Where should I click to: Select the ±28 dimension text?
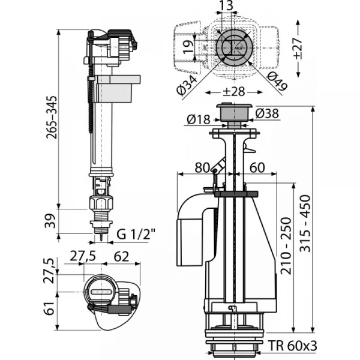[233, 92]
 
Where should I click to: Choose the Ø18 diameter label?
[197, 119]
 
